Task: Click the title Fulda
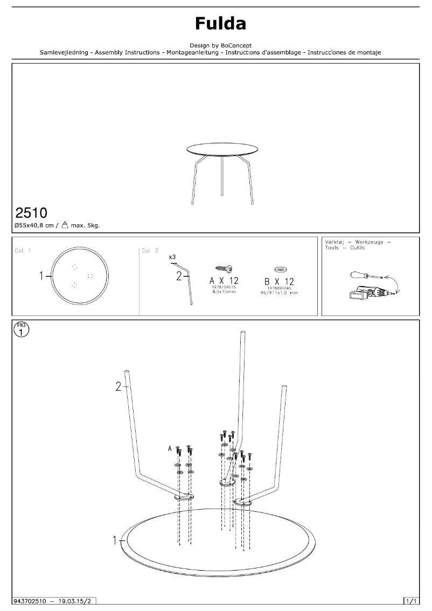pyautogui.click(x=220, y=24)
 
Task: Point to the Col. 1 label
pyautogui.click(x=22, y=251)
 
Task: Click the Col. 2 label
pyautogui.click(x=150, y=251)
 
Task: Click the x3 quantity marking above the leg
pyautogui.click(x=172, y=258)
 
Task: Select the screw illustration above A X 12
pyautogui.click(x=224, y=268)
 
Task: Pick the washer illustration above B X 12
pyautogui.click(x=280, y=268)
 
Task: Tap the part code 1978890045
pyautogui.click(x=280, y=288)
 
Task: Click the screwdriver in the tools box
pyautogui.click(x=364, y=276)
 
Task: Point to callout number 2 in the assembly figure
pyautogui.click(x=119, y=386)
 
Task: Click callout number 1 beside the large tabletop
pyautogui.click(x=115, y=540)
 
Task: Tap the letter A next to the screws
pyautogui.click(x=170, y=448)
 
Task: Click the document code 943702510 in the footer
pyautogui.click(x=31, y=600)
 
